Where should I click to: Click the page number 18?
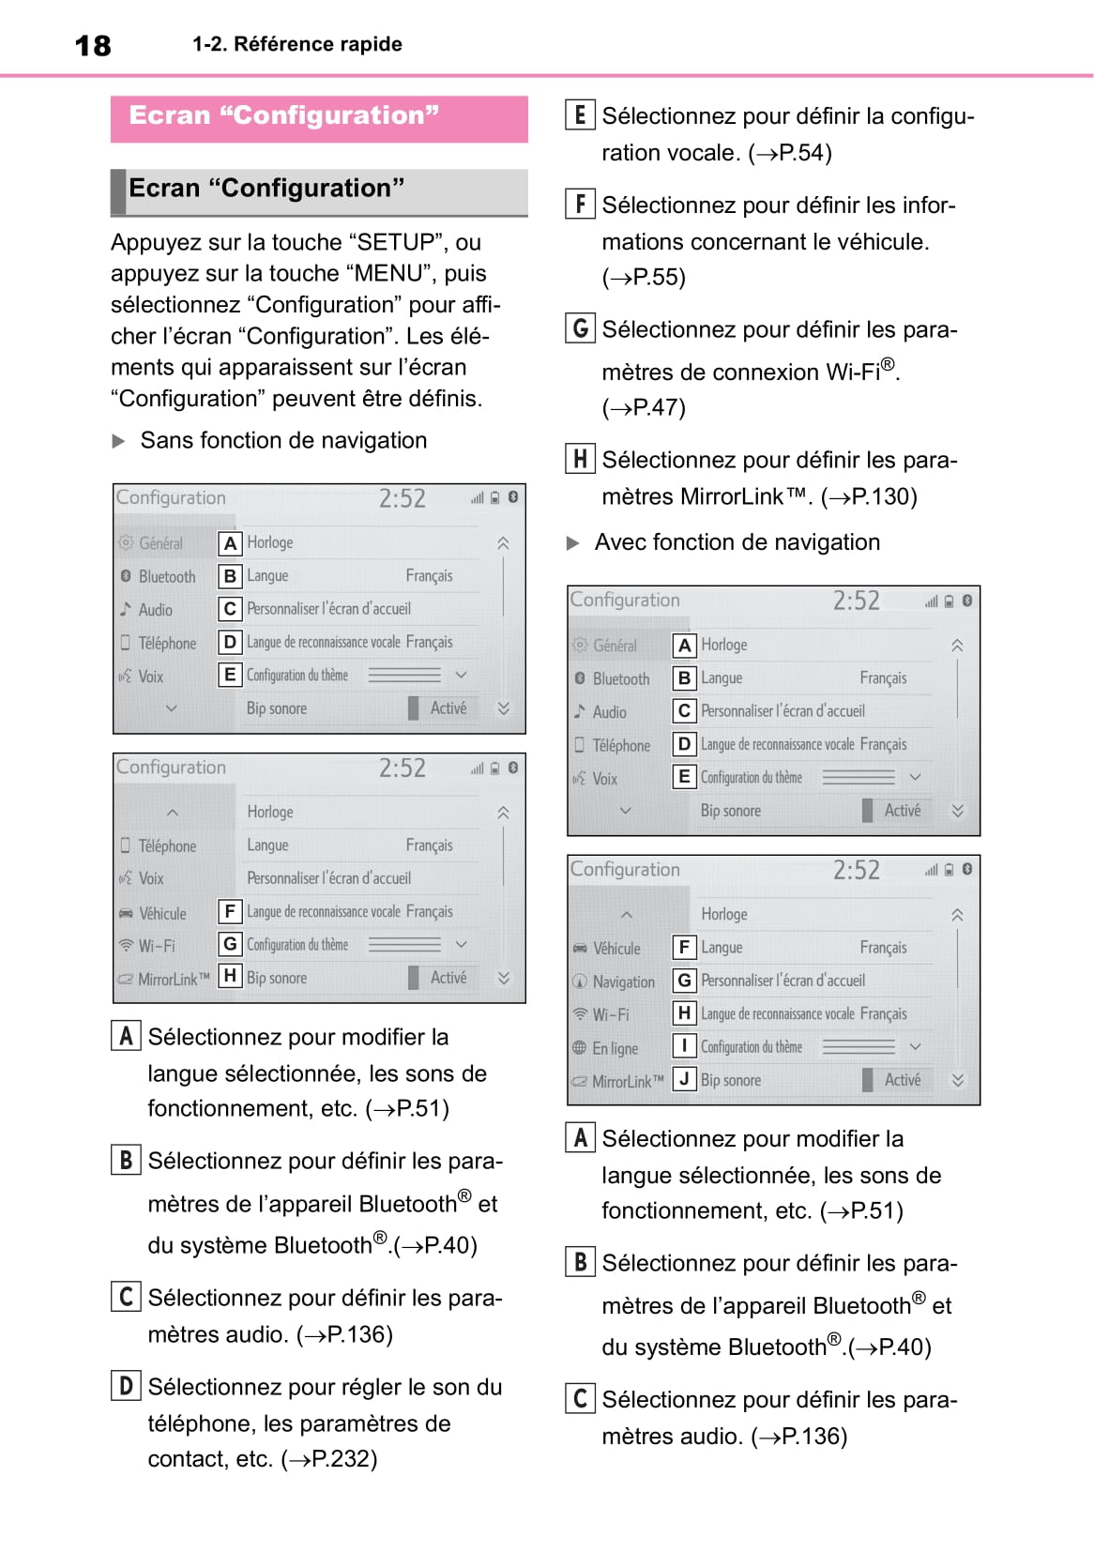[93, 45]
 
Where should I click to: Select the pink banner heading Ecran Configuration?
[283, 115]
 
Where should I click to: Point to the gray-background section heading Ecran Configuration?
[266, 189]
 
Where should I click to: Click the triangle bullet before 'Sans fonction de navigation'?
[119, 441]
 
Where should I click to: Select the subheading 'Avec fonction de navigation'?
[737, 542]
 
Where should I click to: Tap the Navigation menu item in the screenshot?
[623, 981]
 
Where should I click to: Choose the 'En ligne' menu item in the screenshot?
[615, 1048]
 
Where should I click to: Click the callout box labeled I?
[684, 1045]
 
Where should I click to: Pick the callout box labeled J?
[684, 1079]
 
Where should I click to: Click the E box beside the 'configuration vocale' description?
[580, 115]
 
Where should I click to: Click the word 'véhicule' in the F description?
[879, 242]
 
